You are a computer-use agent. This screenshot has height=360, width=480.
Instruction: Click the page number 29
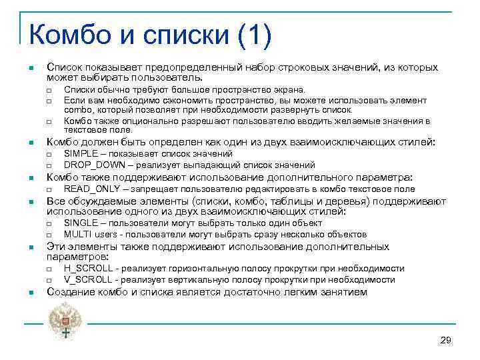coord(446,341)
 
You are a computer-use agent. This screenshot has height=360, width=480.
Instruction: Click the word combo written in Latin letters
coord(78,109)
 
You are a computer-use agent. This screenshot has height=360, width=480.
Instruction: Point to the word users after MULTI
coord(106,234)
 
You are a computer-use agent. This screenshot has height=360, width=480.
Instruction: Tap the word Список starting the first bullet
coord(63,68)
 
